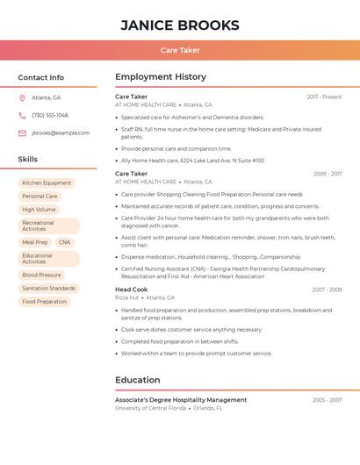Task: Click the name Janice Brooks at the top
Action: (x=180, y=25)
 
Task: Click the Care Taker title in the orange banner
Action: (x=180, y=50)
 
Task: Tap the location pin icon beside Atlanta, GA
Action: (x=22, y=97)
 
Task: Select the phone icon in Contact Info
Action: (x=22, y=115)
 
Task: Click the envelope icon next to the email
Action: (x=22, y=133)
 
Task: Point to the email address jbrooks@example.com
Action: (x=61, y=133)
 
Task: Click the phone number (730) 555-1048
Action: (x=50, y=115)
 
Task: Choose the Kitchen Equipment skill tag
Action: (x=47, y=183)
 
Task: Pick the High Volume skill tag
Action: (x=39, y=210)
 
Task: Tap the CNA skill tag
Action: (x=64, y=242)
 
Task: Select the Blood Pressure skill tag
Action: (x=41, y=275)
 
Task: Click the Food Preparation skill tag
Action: (x=44, y=302)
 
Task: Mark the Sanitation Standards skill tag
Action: (x=48, y=288)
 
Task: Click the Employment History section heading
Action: (x=161, y=77)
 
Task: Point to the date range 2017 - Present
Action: (x=324, y=97)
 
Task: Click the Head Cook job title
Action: (x=132, y=290)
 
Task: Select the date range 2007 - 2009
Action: (x=327, y=290)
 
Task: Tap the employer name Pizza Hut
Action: (x=127, y=297)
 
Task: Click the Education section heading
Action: (x=138, y=380)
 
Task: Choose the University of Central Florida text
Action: (x=151, y=408)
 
